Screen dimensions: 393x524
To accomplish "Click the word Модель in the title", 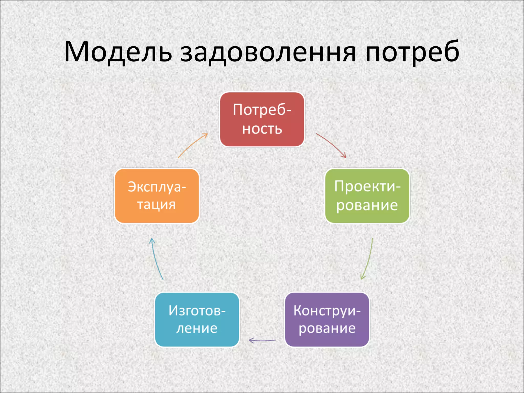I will pos(118,52).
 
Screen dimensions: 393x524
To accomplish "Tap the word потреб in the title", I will pos(412,52).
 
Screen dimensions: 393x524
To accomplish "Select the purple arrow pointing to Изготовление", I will pos(262,340).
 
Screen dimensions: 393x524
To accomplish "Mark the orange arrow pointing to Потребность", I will pos(192,145).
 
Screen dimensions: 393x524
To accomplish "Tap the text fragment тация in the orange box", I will pos(156,205).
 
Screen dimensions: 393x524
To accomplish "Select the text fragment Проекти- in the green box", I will pos(367,186).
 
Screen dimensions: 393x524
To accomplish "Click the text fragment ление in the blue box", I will pos(197,328).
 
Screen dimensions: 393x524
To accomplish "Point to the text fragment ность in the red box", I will pos(262,129).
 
